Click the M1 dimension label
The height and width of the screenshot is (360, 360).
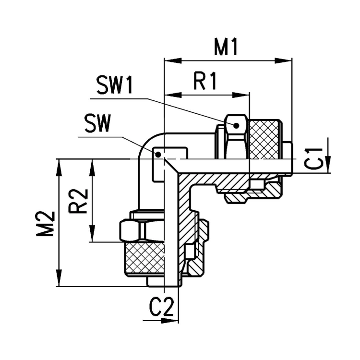pos(226,48)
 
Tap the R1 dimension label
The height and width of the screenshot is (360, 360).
pos(205,81)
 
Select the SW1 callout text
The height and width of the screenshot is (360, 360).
pos(115,85)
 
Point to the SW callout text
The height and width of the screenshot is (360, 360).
pos(98,123)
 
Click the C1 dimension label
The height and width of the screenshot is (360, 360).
pos(313,159)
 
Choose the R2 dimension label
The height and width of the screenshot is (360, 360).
pos(78,201)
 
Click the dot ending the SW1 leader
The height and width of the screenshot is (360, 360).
pos(236,125)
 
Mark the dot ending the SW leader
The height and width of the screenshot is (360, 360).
pos(158,155)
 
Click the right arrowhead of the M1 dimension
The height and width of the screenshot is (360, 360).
pos(283,61)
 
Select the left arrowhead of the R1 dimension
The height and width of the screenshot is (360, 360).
pos(173,95)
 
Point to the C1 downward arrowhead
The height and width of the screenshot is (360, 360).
pos(328,164)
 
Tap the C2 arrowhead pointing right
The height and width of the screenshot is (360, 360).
pos(169,321)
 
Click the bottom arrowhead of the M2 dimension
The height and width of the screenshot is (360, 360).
pos(59,278)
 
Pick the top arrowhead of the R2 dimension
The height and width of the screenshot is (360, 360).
pos(92,168)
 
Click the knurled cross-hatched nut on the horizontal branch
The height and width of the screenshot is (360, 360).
pos(264,140)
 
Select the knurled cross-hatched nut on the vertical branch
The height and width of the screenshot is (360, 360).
pos(144,258)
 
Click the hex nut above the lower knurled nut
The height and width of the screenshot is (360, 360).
pos(142,230)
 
